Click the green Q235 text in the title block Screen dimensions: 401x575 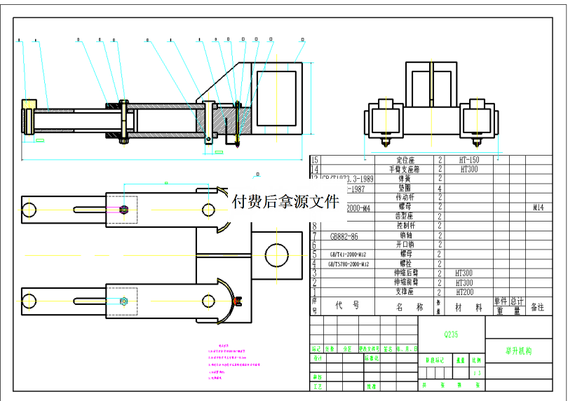click(451, 334)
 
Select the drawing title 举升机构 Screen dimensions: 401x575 click(518, 351)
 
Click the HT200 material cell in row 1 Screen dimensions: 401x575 click(465, 292)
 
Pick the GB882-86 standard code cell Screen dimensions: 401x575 click(344, 236)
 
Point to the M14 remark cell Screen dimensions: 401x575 click(539, 208)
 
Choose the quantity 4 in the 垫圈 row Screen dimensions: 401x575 click(440, 189)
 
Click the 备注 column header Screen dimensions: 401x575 click(537, 307)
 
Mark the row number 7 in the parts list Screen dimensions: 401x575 click(314, 236)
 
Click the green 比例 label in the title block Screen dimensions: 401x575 click(477, 360)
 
